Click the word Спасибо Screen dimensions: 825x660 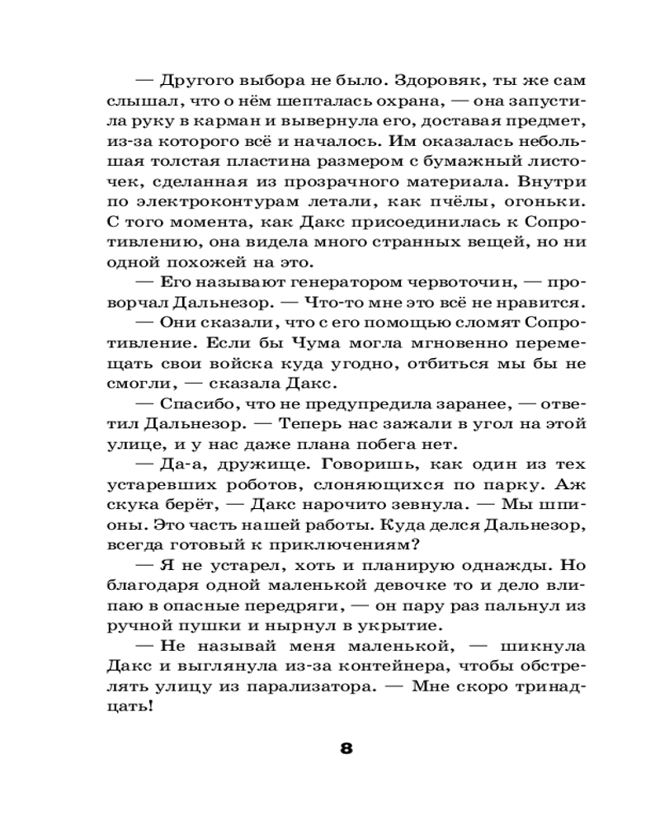point(195,404)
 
